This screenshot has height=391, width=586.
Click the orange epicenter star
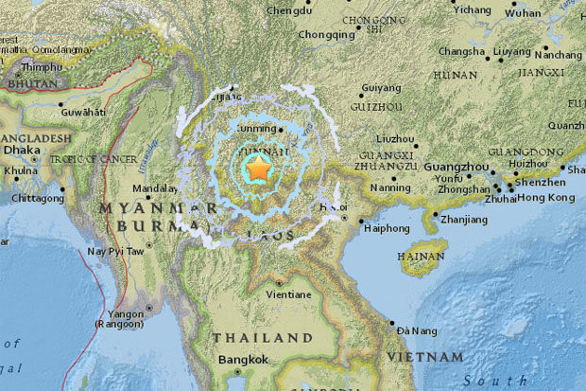coord(257,169)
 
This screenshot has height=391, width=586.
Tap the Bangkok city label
coord(244,359)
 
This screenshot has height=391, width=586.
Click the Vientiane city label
coord(278,295)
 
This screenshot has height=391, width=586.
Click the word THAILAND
coord(262,337)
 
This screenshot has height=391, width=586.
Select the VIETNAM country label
coord(425,357)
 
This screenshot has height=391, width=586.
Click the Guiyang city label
coord(381,89)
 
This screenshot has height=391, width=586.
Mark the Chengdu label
coord(289,11)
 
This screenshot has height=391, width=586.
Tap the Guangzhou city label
coord(455,166)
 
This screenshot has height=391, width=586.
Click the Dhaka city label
coord(22,149)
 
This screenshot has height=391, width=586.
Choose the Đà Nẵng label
coord(416,329)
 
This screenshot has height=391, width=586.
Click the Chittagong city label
coord(37,199)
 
